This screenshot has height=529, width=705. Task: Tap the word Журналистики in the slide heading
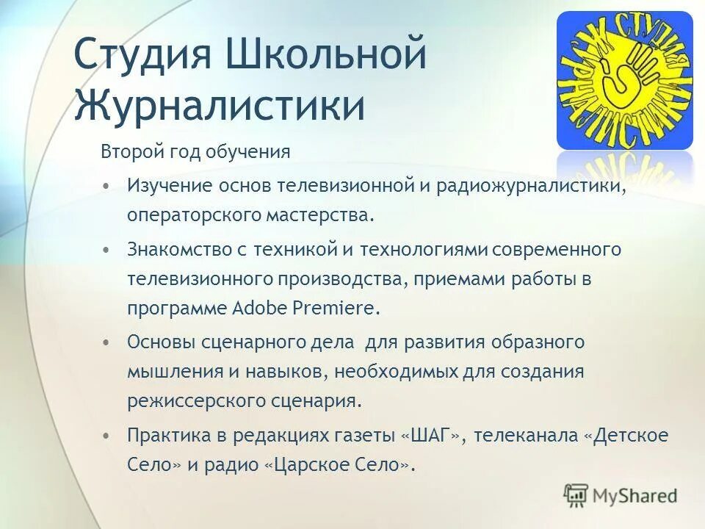(x=220, y=105)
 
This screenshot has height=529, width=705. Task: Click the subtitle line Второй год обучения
(x=195, y=153)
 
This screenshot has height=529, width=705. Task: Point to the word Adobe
(x=263, y=307)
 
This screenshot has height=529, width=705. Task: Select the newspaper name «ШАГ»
(x=431, y=435)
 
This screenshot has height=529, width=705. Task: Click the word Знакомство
(x=171, y=249)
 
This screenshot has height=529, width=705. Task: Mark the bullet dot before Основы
(x=107, y=342)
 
